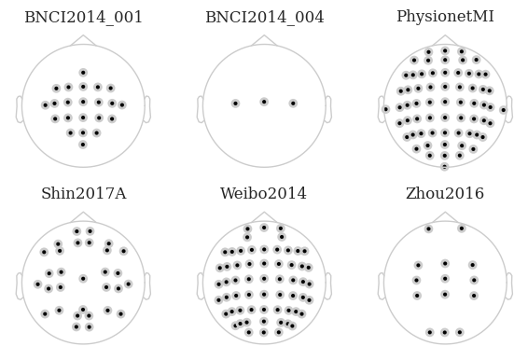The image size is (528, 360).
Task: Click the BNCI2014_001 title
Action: (84, 17)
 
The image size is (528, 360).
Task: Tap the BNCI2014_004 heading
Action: (265, 17)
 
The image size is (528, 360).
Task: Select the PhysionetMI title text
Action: (445, 16)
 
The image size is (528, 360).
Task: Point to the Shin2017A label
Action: (84, 194)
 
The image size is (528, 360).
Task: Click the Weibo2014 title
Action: (264, 194)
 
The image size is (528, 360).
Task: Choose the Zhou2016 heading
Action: (445, 194)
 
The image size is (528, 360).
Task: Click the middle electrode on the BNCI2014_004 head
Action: (264, 102)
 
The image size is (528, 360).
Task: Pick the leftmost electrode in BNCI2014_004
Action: (235, 104)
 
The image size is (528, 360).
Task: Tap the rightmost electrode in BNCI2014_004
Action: (293, 104)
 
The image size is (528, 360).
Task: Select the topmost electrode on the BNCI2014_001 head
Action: (83, 73)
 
